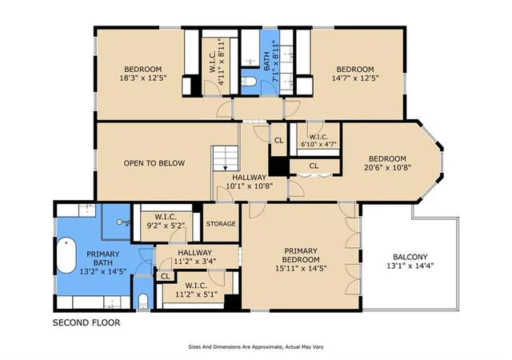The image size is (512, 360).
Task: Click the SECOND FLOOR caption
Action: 86,322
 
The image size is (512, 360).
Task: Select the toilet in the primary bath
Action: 142,301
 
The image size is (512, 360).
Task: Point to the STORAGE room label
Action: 221,224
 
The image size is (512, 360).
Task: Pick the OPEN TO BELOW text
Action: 154,163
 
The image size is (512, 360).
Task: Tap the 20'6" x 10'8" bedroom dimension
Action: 387,167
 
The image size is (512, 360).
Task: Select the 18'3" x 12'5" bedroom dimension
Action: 143,78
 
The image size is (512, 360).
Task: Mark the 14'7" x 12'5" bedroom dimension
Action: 355,78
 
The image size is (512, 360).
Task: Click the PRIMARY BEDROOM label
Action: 301,255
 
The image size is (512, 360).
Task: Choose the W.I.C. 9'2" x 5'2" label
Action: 166,221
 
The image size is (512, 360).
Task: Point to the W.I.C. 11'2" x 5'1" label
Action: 196,290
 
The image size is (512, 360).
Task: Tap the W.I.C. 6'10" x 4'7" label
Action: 318,141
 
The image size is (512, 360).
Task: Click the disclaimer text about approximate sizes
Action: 256,347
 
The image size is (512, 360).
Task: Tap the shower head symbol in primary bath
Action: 123,222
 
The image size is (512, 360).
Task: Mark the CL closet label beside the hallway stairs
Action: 279,141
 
